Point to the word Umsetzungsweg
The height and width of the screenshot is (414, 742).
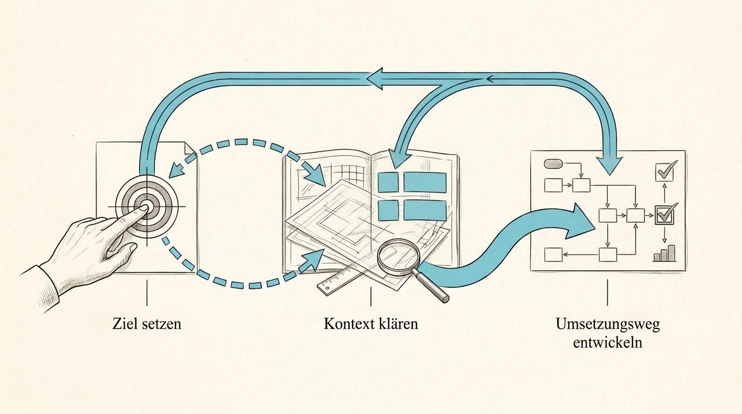(608, 325)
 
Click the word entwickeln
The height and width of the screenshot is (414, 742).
(608, 343)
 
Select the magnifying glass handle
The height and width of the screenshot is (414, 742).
(431, 285)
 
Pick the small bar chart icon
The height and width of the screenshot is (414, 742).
(664, 253)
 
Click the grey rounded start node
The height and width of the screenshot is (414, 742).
(553, 163)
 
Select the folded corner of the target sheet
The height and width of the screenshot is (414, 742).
(190, 149)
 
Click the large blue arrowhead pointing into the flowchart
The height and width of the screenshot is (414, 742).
(581, 221)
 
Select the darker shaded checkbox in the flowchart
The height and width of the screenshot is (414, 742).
(664, 215)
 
